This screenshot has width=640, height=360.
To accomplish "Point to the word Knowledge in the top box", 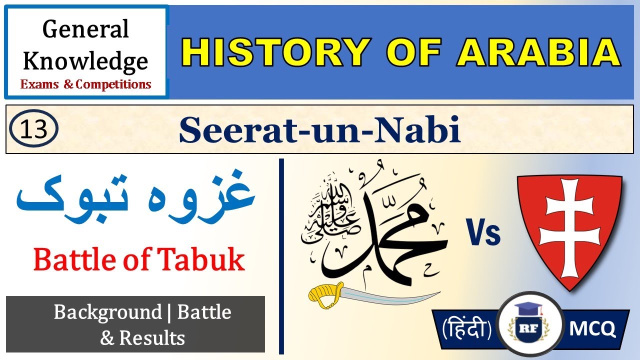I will tap(85, 61).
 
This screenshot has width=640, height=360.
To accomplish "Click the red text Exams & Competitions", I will tap(85, 84).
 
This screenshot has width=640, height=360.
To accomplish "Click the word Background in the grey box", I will tap(107, 313).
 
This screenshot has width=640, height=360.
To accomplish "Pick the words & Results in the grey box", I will tap(142, 338).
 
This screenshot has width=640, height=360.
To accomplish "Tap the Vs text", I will tap(484, 233).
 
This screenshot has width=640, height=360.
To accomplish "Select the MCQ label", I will tap(592, 328).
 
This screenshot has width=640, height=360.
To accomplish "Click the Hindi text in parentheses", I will tap(466, 328).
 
